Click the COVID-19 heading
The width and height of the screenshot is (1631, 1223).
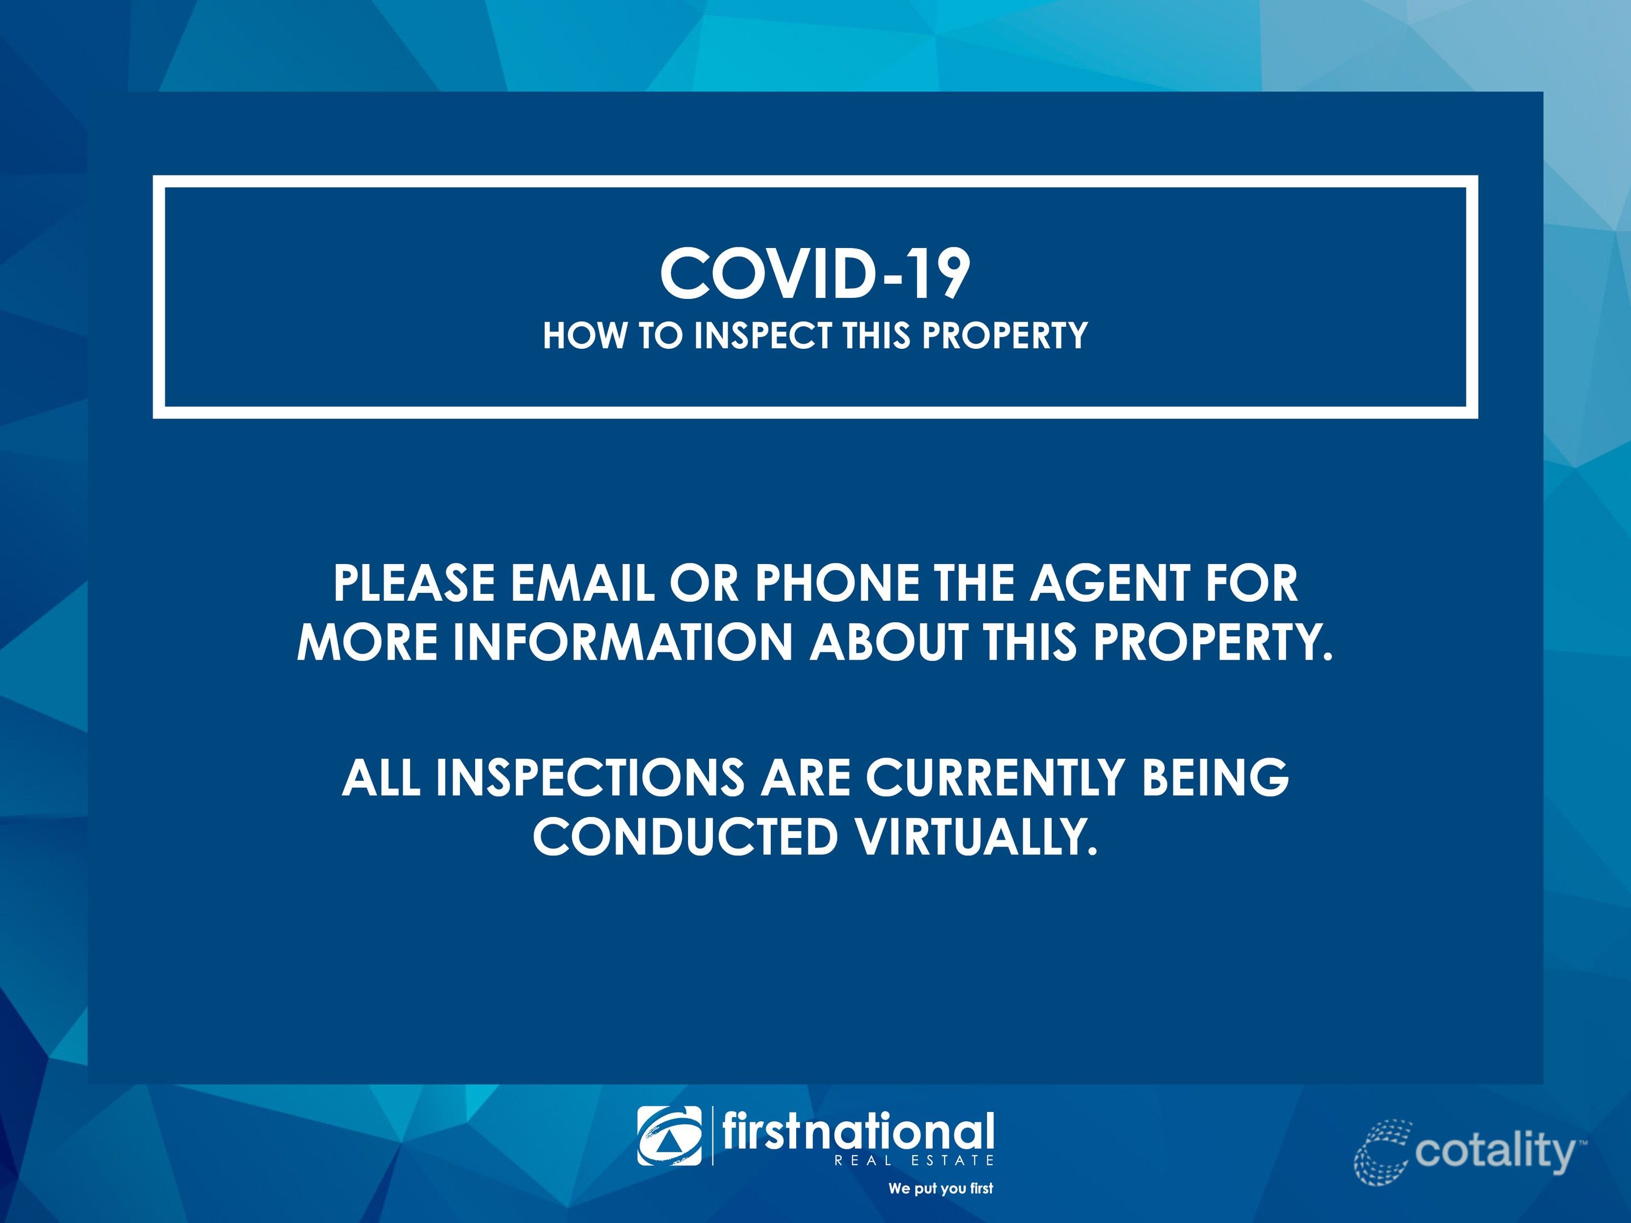tap(815, 273)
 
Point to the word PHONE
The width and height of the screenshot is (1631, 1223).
tap(838, 583)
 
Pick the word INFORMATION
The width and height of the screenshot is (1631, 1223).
tap(622, 642)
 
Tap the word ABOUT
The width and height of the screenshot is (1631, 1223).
tap(889, 642)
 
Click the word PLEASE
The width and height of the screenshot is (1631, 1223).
tap(415, 583)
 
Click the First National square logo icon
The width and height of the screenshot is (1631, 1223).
tap(669, 1136)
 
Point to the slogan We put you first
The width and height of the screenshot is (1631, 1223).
tap(941, 1188)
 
